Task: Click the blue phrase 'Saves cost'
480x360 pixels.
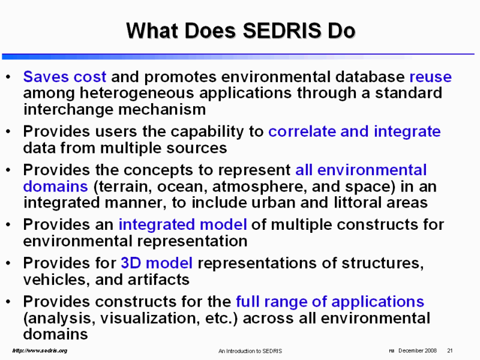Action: click(65, 76)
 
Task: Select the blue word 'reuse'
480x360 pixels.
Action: click(430, 77)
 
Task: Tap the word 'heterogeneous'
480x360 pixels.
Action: click(137, 93)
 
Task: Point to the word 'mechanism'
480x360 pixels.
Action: click(162, 109)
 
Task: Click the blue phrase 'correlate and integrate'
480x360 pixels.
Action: click(355, 132)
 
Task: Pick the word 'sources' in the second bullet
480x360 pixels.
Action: click(197, 148)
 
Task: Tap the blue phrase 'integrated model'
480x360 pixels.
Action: click(182, 224)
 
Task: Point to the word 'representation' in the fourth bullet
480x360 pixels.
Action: click(193, 242)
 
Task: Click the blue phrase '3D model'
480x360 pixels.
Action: click(157, 263)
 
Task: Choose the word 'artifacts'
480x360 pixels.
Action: click(158, 280)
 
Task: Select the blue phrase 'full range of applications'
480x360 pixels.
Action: click(330, 302)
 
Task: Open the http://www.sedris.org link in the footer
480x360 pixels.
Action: click(40, 350)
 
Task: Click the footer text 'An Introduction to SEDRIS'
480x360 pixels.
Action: click(250, 351)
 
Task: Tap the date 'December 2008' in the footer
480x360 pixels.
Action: click(418, 350)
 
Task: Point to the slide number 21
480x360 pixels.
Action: click(449, 350)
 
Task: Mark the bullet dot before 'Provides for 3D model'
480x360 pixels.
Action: click(8, 263)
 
